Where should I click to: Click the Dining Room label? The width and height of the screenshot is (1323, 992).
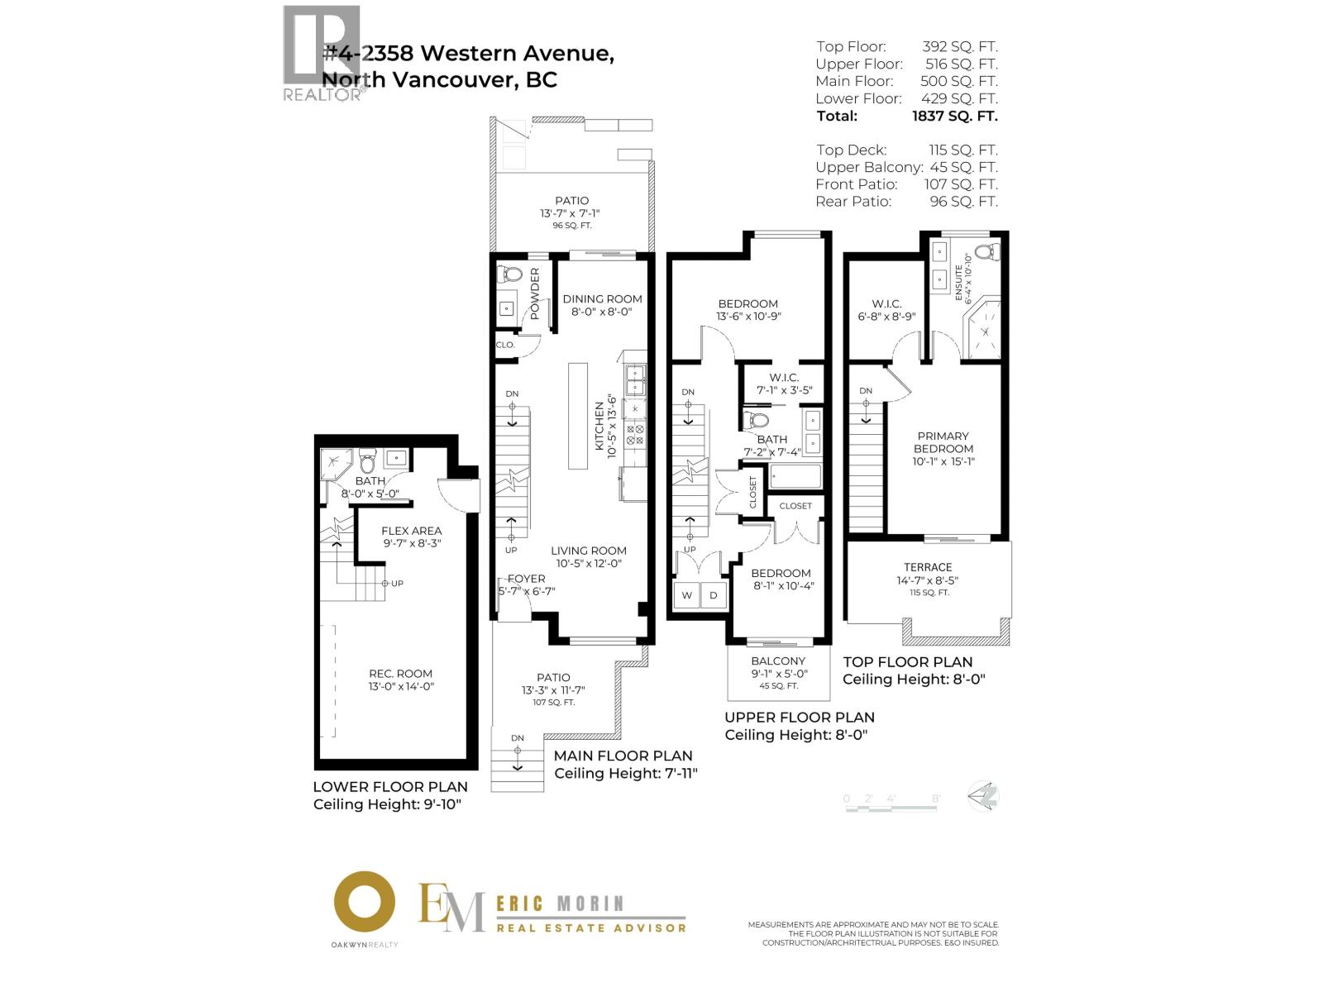coord(602,299)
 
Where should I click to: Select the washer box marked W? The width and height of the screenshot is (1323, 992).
coord(686,595)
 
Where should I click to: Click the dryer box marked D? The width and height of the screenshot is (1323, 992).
coord(714,595)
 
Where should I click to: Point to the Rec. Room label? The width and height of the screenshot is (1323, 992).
coord(401,674)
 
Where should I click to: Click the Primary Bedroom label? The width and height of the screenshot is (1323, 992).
coord(943,442)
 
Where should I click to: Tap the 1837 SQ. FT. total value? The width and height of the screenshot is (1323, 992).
coord(954,116)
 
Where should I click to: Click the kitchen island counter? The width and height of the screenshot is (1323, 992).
coord(577,415)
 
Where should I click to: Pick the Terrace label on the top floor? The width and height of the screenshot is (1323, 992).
coord(928,567)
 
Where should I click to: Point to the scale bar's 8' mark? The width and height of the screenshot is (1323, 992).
coord(936,799)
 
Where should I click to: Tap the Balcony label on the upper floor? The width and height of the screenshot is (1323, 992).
coord(778,661)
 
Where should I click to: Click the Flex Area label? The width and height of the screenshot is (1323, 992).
coord(411,531)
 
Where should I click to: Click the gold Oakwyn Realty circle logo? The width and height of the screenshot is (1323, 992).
coord(364,902)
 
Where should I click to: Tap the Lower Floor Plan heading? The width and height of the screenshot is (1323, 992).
coord(390,787)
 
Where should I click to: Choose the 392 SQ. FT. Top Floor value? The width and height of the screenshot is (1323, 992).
coord(959,46)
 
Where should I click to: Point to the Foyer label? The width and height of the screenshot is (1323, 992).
coord(526,579)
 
